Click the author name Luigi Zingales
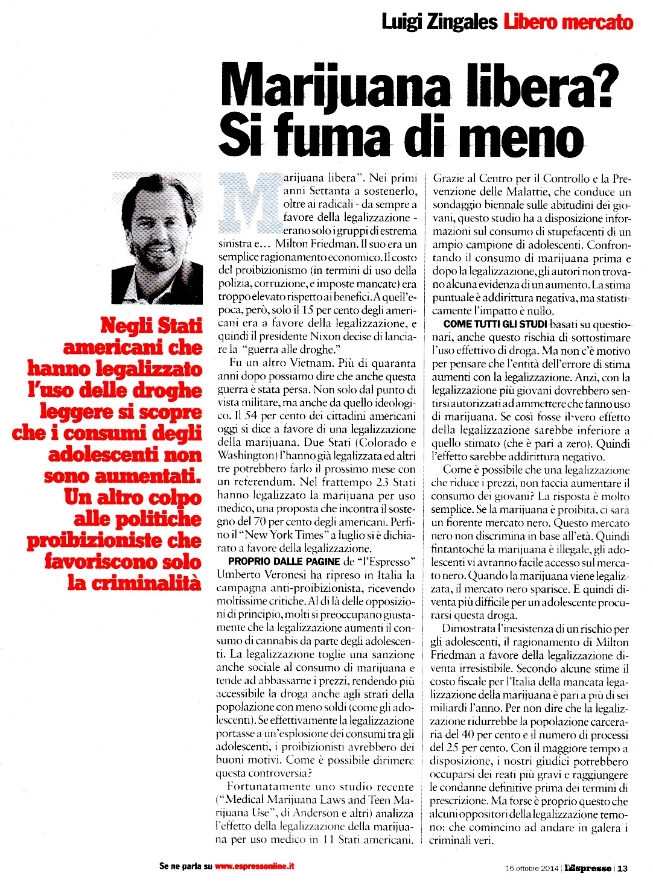click(x=439, y=22)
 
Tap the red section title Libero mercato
click(x=567, y=22)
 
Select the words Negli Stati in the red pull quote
click(x=151, y=325)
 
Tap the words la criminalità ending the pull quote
click(x=133, y=583)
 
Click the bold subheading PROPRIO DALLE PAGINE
click(x=284, y=562)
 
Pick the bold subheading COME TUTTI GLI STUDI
click(x=495, y=324)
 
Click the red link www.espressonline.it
click(x=254, y=866)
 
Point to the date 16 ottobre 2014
click(x=532, y=869)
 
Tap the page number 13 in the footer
click(x=622, y=869)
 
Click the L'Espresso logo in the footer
click(x=588, y=869)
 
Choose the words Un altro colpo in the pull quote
click(x=133, y=497)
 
